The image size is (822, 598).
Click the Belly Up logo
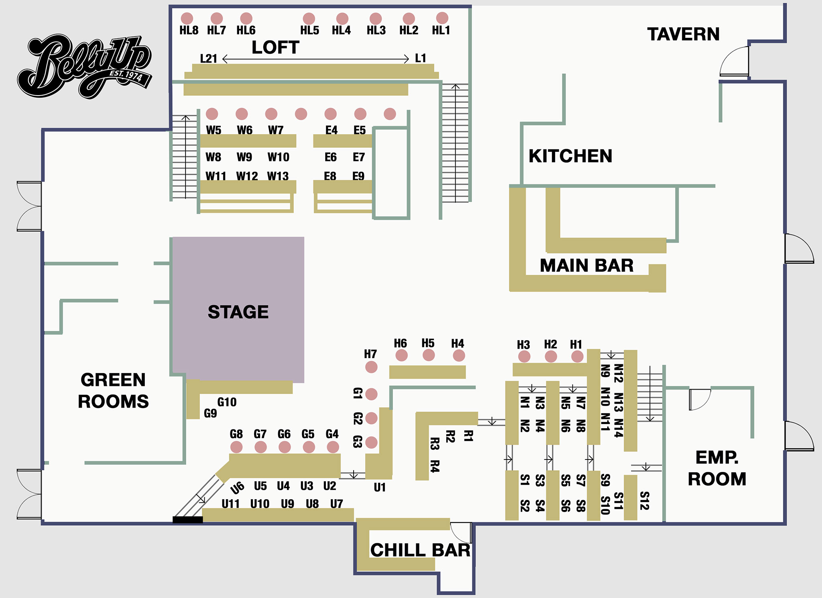tap(84, 66)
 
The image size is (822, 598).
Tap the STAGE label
tap(238, 312)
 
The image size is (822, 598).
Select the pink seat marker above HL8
tap(187, 18)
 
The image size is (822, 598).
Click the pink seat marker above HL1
tap(442, 18)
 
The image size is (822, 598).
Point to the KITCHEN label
tap(570, 156)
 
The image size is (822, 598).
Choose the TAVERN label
tap(683, 34)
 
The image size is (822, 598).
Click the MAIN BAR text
tap(586, 265)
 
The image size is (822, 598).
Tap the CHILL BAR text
tap(420, 550)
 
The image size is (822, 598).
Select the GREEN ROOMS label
tap(113, 390)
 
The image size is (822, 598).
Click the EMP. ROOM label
tap(717, 468)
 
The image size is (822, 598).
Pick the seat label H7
tap(370, 354)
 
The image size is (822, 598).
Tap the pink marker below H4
tap(459, 355)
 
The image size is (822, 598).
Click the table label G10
tap(227, 402)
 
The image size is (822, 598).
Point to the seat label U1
tap(379, 487)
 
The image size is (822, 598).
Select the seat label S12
tap(644, 500)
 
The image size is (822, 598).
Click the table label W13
tap(278, 176)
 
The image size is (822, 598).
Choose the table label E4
tap(331, 130)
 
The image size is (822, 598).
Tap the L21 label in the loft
tap(208, 59)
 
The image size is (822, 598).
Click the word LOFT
tap(275, 47)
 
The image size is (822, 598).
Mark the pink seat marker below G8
tap(236, 447)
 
